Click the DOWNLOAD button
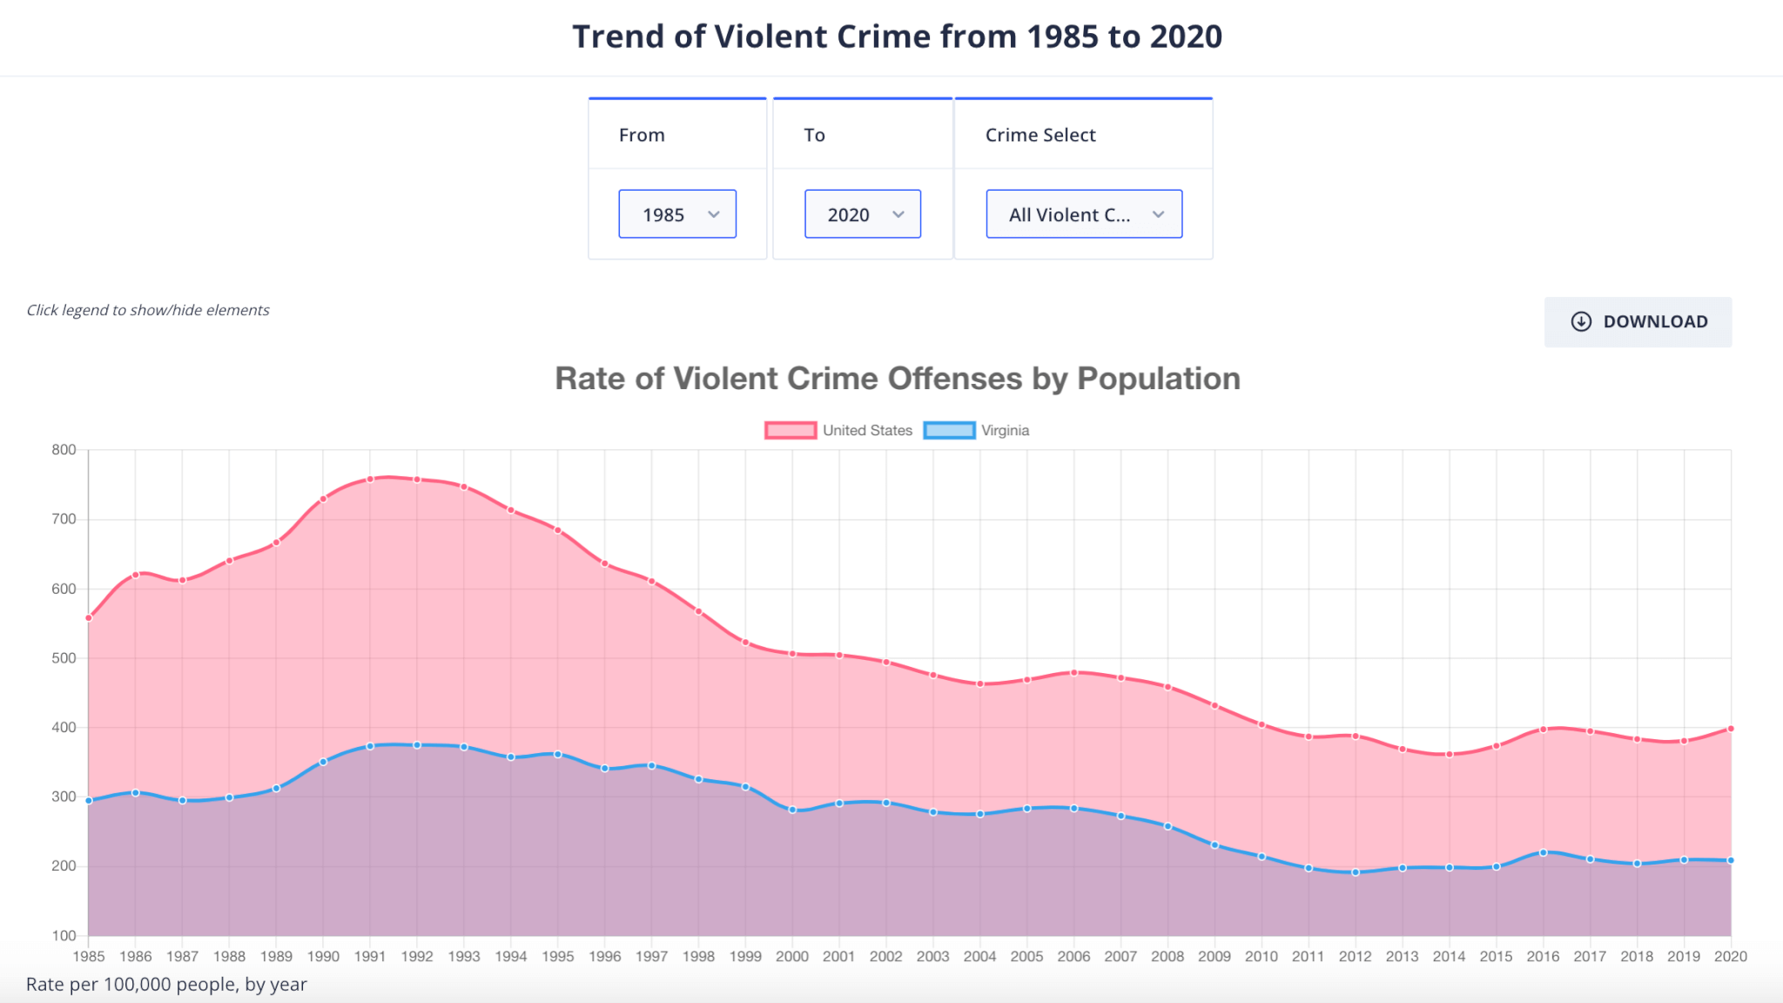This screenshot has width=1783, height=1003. [x=1638, y=322]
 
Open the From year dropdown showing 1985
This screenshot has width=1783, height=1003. [x=677, y=214]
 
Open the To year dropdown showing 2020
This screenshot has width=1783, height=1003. [x=862, y=214]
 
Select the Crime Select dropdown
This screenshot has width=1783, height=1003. [x=1084, y=214]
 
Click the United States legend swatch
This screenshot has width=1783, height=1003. [x=791, y=430]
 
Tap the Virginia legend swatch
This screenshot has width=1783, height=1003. [x=949, y=430]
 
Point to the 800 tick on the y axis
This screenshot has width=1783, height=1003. [x=64, y=450]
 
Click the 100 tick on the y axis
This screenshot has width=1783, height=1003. [x=64, y=936]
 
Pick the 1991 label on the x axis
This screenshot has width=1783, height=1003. [x=370, y=956]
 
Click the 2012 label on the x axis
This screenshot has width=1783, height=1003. [x=1356, y=956]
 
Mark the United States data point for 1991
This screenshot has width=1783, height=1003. [x=370, y=479]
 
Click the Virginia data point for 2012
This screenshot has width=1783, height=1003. [x=1356, y=872]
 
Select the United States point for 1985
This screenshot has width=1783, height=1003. [x=89, y=618]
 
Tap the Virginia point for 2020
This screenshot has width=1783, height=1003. [x=1731, y=860]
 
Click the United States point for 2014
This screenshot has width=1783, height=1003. [x=1450, y=754]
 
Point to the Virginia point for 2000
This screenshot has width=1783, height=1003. [x=792, y=810]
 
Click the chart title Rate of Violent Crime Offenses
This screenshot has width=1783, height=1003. [x=898, y=379]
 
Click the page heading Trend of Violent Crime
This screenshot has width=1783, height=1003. [x=897, y=37]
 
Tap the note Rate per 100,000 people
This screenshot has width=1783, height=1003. [x=166, y=985]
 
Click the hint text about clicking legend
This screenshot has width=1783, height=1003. [x=148, y=310]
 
